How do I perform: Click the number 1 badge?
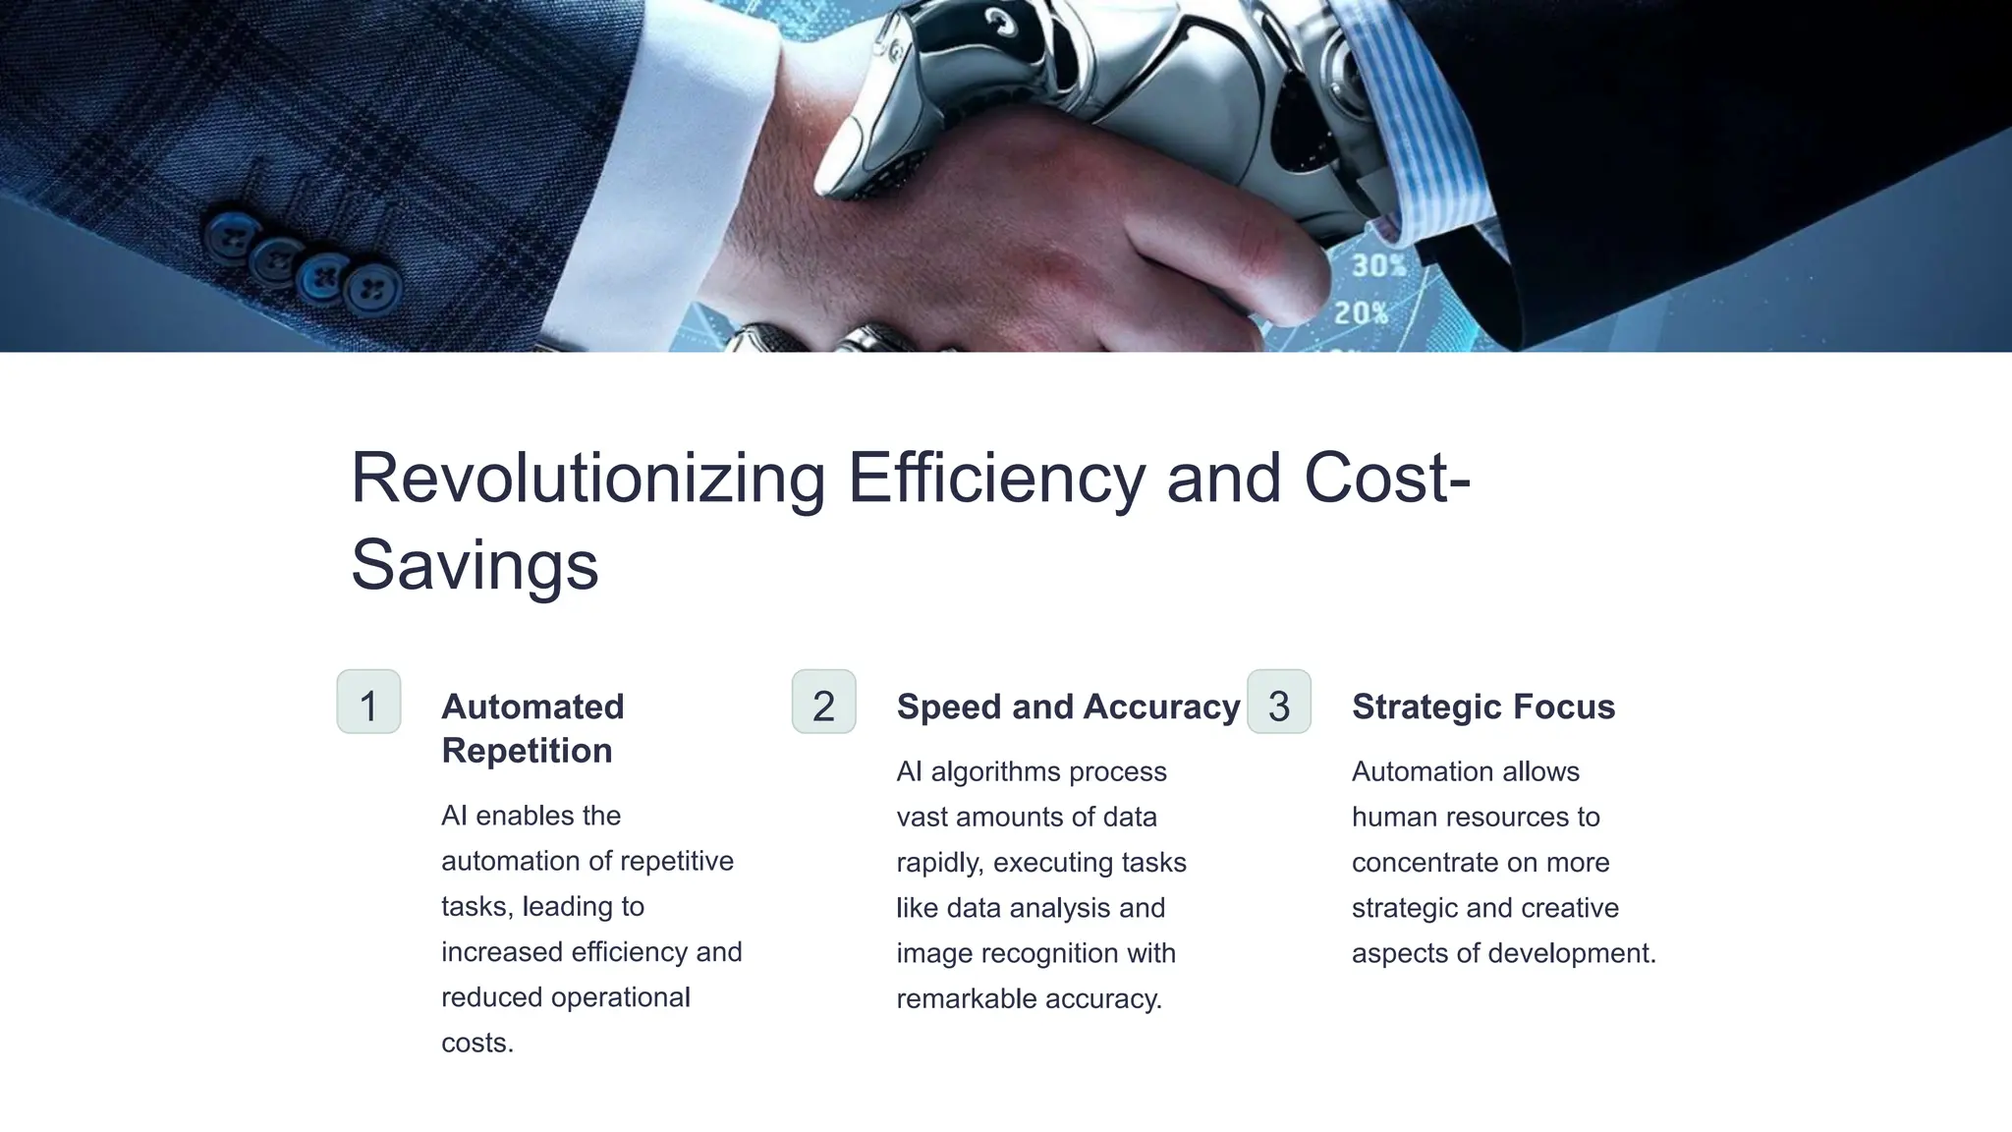[368, 702]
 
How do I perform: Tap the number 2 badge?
[823, 702]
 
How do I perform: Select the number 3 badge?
[1278, 702]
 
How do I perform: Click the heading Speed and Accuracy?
[1068, 707]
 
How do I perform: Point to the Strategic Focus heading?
[1482, 707]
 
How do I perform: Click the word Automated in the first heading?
[532, 707]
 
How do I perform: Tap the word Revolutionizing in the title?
[587, 479]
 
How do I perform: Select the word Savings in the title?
[475, 565]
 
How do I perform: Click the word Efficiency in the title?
[995, 479]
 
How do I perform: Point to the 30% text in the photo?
[1378, 266]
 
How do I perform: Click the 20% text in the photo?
[1361, 313]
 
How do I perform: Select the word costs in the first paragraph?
[476, 1043]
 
